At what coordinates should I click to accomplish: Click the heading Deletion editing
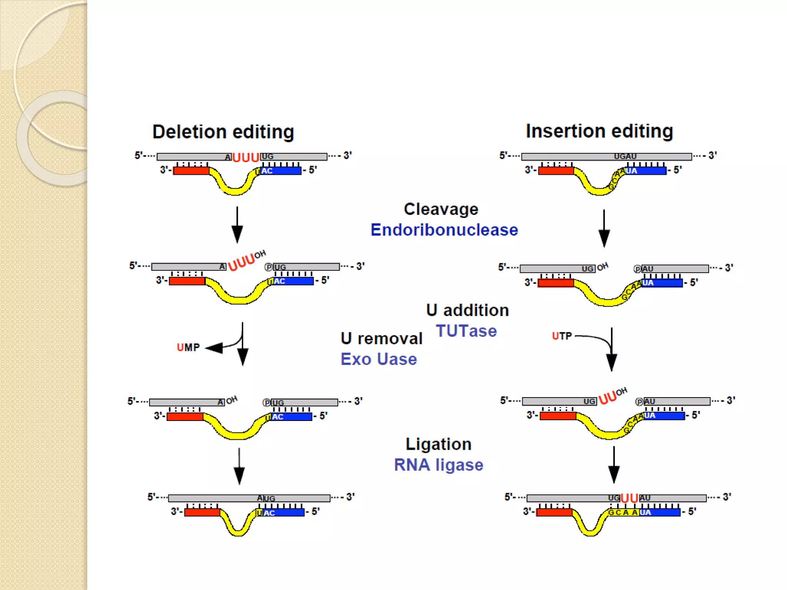tap(223, 132)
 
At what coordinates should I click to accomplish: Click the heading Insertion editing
tap(599, 131)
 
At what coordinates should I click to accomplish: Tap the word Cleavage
tap(441, 209)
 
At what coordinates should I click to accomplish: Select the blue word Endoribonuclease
tap(444, 230)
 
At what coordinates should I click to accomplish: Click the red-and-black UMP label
tap(188, 348)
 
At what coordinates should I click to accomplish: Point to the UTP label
tap(562, 336)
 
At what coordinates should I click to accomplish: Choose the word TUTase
tap(466, 331)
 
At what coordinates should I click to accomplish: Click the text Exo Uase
tap(379, 359)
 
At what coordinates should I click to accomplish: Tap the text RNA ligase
tap(438, 465)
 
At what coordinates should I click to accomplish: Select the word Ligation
tap(438, 444)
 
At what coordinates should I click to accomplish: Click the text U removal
tap(381, 338)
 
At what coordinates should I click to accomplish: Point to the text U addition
tap(467, 310)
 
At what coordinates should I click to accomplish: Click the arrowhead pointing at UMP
tap(214, 348)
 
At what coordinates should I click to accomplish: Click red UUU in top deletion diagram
tap(246, 157)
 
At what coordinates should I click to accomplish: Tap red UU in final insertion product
tap(629, 498)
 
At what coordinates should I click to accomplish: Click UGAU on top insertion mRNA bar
tap(625, 156)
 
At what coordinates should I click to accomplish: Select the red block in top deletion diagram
tap(191, 171)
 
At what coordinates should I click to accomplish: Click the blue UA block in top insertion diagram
tap(646, 171)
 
